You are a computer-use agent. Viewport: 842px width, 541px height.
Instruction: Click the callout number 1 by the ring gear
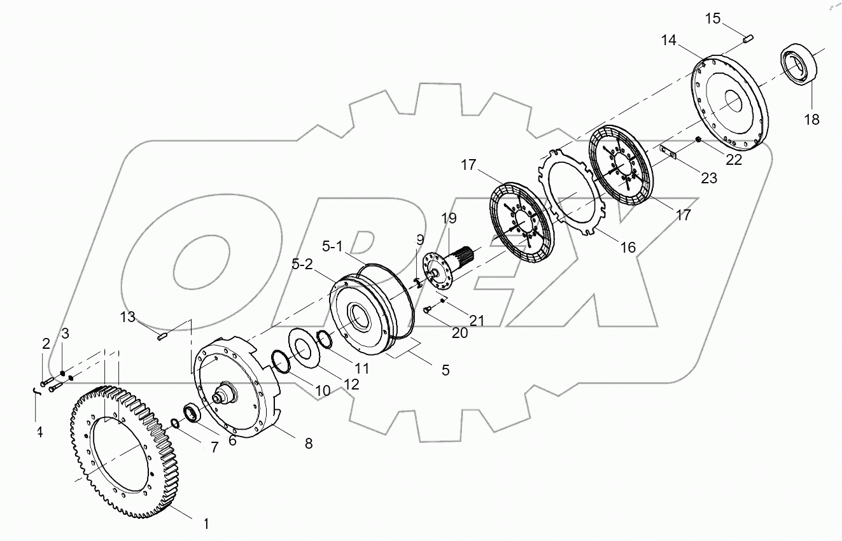point(206,524)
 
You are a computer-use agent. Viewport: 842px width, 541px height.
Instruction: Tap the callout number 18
point(811,119)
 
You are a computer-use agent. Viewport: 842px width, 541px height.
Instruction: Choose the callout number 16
point(628,246)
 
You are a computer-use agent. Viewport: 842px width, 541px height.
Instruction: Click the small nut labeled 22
point(699,139)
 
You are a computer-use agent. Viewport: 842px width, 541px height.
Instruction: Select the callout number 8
point(309,444)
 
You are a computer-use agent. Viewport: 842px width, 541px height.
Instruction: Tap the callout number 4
point(39,433)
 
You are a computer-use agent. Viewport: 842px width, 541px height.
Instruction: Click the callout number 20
point(460,332)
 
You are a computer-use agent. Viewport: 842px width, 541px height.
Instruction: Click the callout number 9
point(419,239)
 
